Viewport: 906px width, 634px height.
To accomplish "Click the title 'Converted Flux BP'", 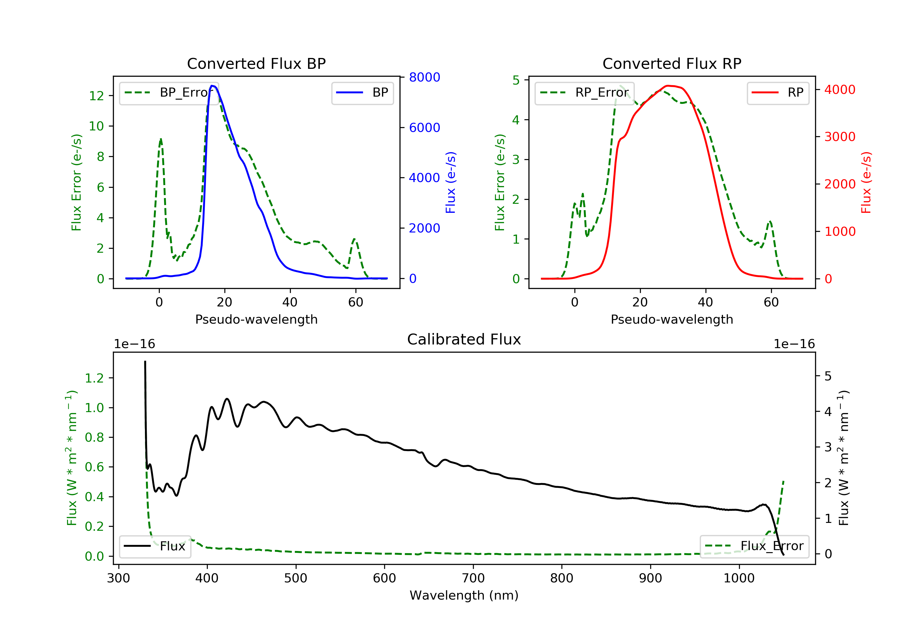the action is tap(256, 63).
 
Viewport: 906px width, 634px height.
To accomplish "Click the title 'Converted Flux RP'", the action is tap(672, 63).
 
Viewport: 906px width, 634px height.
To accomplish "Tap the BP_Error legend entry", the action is tap(169, 93).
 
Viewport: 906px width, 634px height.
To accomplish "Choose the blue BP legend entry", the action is tap(362, 93).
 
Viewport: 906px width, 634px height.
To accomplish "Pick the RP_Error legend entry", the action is tap(584, 93).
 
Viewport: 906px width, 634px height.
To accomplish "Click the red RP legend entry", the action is tap(777, 93).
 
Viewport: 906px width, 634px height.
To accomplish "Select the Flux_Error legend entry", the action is tap(754, 546).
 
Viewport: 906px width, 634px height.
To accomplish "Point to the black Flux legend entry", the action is tap(155, 546).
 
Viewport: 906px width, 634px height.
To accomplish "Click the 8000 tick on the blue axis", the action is tap(424, 77).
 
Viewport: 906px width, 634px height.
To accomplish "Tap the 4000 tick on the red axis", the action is tap(840, 90).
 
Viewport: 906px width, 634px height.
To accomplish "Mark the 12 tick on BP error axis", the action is tap(96, 96).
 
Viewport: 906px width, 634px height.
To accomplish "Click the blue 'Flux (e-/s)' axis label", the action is tap(451, 183).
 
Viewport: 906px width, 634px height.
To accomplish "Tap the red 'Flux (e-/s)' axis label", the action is tap(866, 183).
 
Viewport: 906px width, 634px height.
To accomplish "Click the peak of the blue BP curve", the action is tap(212, 86).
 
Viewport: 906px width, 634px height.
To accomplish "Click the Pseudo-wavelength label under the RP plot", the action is tap(672, 319).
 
